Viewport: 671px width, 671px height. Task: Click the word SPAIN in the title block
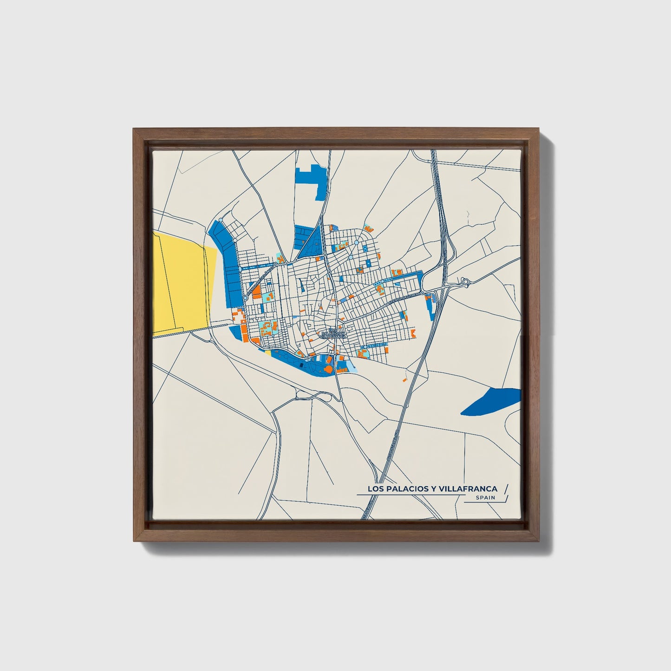pos(485,498)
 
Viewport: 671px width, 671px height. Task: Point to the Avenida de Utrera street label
pos(403,297)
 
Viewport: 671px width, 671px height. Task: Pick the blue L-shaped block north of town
pos(312,179)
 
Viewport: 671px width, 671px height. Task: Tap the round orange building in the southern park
pos(328,369)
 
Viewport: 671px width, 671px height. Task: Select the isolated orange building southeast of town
pos(404,380)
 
